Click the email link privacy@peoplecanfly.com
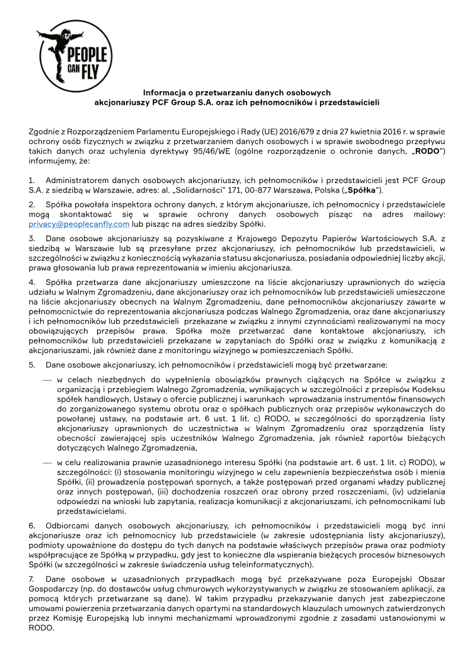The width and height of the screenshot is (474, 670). pos(79,224)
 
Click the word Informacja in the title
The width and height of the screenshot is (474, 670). pos(166,93)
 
